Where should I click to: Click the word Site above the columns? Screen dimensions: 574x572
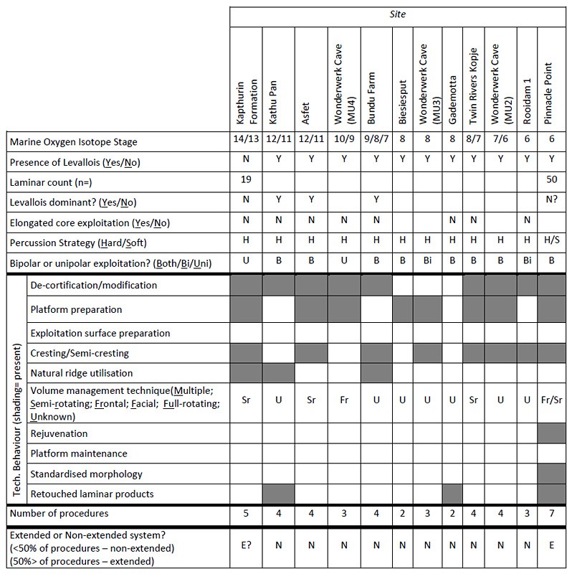(x=399, y=14)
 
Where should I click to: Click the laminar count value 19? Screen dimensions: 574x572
(x=246, y=182)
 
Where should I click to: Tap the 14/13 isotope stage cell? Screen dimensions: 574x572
(x=246, y=141)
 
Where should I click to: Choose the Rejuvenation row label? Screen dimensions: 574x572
(x=59, y=433)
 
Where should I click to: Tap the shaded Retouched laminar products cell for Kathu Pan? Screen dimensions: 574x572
(x=278, y=494)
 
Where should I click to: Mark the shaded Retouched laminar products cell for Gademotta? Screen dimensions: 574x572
(x=452, y=494)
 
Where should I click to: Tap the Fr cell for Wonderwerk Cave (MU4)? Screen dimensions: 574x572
(x=343, y=403)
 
